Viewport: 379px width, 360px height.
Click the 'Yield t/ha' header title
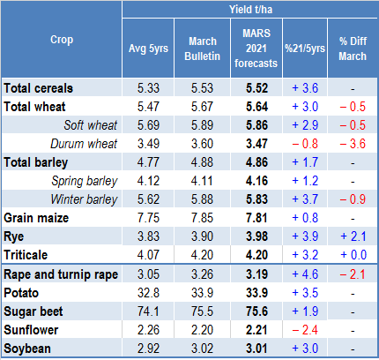pos(250,10)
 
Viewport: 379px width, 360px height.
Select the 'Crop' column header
pos(62,40)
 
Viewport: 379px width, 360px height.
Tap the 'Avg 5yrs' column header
pos(148,49)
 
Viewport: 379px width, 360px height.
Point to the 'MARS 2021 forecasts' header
pos(256,49)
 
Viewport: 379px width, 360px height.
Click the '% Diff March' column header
pos(353,49)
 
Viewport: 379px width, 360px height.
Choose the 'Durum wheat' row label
pos(84,144)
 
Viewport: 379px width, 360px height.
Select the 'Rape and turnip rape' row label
pos(61,274)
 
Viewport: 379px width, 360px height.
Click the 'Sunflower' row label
pos(31,330)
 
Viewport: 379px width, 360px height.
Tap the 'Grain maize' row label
pos(36,218)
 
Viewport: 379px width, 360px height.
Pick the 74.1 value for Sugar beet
pos(148,311)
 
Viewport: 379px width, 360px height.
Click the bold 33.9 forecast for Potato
pos(256,293)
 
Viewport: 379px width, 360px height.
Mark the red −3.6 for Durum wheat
pos(353,144)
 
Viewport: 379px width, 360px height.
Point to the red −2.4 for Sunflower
pos(305,330)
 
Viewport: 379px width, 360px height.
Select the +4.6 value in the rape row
pos(305,274)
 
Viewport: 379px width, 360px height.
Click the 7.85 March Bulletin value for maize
pos(202,218)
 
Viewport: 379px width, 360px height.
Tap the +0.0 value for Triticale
pos(353,255)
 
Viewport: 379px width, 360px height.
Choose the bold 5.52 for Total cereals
pos(256,88)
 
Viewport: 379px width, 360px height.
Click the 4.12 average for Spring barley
pos(148,181)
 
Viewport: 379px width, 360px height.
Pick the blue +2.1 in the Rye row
pos(353,236)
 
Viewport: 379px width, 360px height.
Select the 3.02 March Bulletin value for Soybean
pos(202,349)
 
